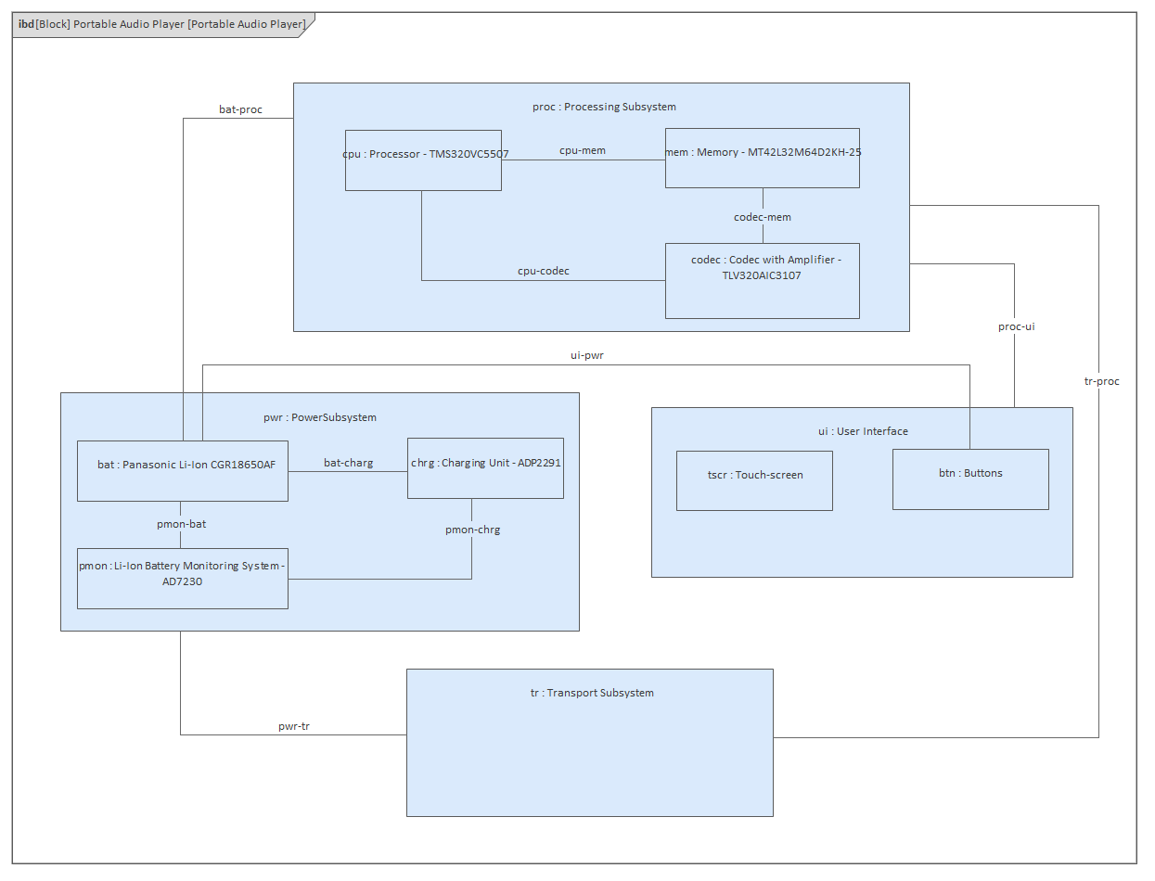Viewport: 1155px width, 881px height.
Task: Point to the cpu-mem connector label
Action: pyautogui.click(x=583, y=150)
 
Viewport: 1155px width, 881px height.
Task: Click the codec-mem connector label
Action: pyautogui.click(x=763, y=217)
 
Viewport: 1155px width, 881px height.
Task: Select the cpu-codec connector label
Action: pyautogui.click(x=544, y=271)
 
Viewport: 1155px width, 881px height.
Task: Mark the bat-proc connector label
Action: pyautogui.click(x=240, y=109)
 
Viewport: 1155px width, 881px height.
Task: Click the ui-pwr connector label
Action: pyautogui.click(x=586, y=355)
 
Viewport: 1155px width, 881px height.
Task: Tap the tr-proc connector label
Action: pyautogui.click(x=1101, y=381)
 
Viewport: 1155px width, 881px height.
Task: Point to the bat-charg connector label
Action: pyautogui.click(x=348, y=462)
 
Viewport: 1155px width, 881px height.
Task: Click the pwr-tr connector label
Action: pyautogui.click(x=294, y=726)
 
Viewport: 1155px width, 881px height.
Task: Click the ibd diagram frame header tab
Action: pyautogui.click(x=162, y=24)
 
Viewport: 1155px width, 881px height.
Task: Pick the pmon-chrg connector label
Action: pyautogui.click(x=472, y=530)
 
